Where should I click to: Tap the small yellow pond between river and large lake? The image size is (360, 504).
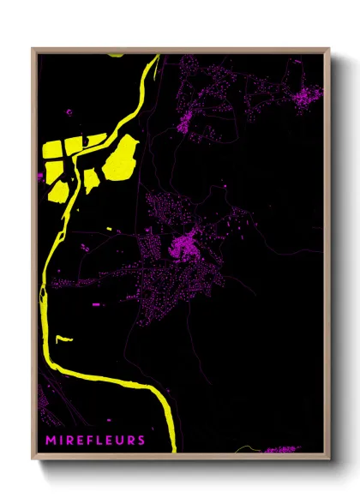click(x=90, y=179)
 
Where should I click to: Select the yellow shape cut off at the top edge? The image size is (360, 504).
click(x=115, y=54)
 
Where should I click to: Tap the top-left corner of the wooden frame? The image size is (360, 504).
click(x=33, y=49)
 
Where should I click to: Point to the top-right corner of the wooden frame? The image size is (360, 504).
click(x=329, y=49)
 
